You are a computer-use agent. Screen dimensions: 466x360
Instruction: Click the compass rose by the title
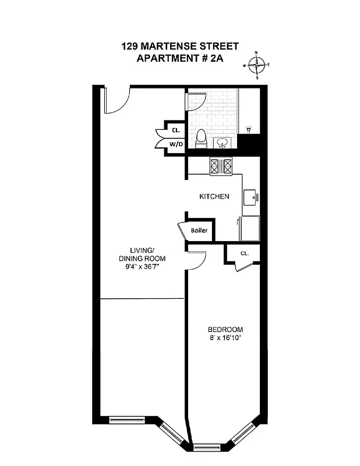pos(257,65)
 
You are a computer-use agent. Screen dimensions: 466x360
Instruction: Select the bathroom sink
pos(223,143)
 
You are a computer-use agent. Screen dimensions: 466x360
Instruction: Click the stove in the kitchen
pos(222,167)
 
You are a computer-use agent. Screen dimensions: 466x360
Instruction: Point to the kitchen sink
pos(251,196)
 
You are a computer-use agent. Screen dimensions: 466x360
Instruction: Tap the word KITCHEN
pos(214,197)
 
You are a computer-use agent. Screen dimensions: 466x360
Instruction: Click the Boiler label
pos(199,231)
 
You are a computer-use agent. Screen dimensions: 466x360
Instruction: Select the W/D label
pos(176,143)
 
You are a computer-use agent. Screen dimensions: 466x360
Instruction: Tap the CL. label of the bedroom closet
pos(245,253)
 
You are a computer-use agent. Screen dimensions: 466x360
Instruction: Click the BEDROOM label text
pos(225,329)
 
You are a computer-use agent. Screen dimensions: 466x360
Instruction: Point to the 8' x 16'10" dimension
pos(225,338)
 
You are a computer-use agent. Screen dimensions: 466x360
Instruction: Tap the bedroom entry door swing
pos(196,261)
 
